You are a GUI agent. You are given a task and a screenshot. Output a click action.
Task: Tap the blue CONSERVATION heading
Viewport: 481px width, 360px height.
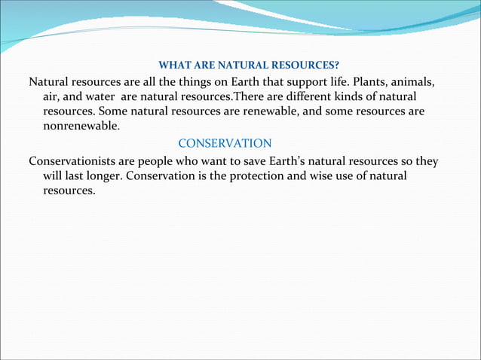click(x=225, y=143)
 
